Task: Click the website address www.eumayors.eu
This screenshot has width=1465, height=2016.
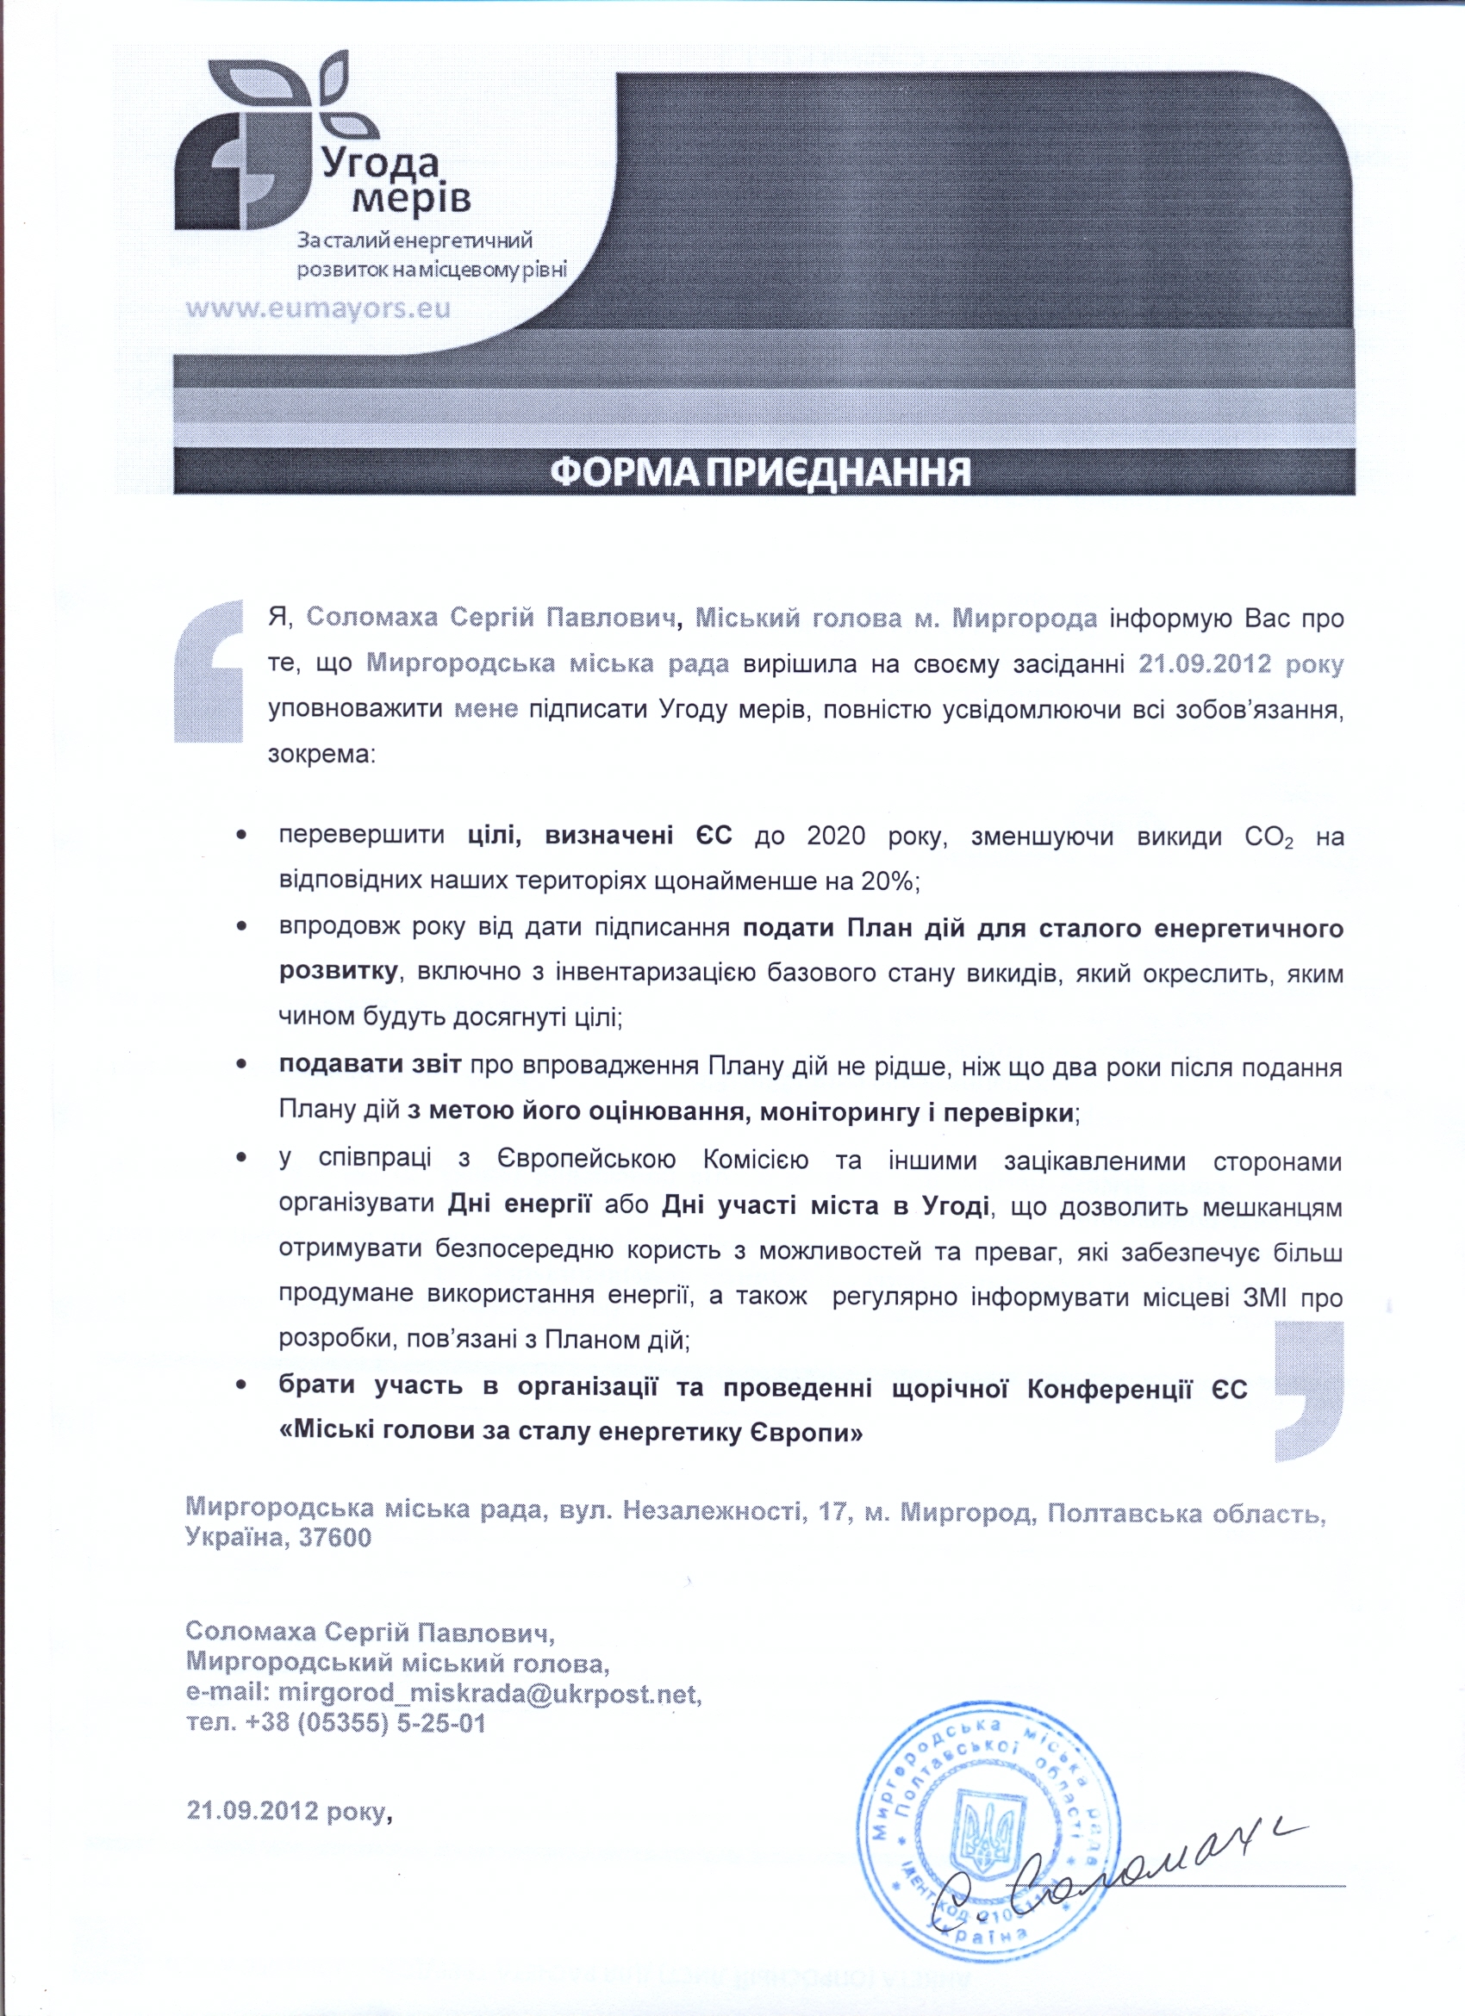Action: (x=318, y=308)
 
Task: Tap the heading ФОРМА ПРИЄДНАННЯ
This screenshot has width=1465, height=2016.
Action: (x=760, y=471)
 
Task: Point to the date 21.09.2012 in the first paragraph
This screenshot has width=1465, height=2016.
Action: (x=1205, y=663)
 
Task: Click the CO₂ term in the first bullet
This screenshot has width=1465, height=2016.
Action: (x=1269, y=837)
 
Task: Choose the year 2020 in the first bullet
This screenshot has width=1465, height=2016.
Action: (x=836, y=837)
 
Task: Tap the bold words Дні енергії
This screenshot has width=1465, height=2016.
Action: (x=519, y=1205)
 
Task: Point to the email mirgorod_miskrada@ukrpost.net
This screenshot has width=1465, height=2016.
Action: (x=489, y=1692)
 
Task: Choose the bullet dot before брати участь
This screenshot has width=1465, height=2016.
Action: (x=241, y=1385)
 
